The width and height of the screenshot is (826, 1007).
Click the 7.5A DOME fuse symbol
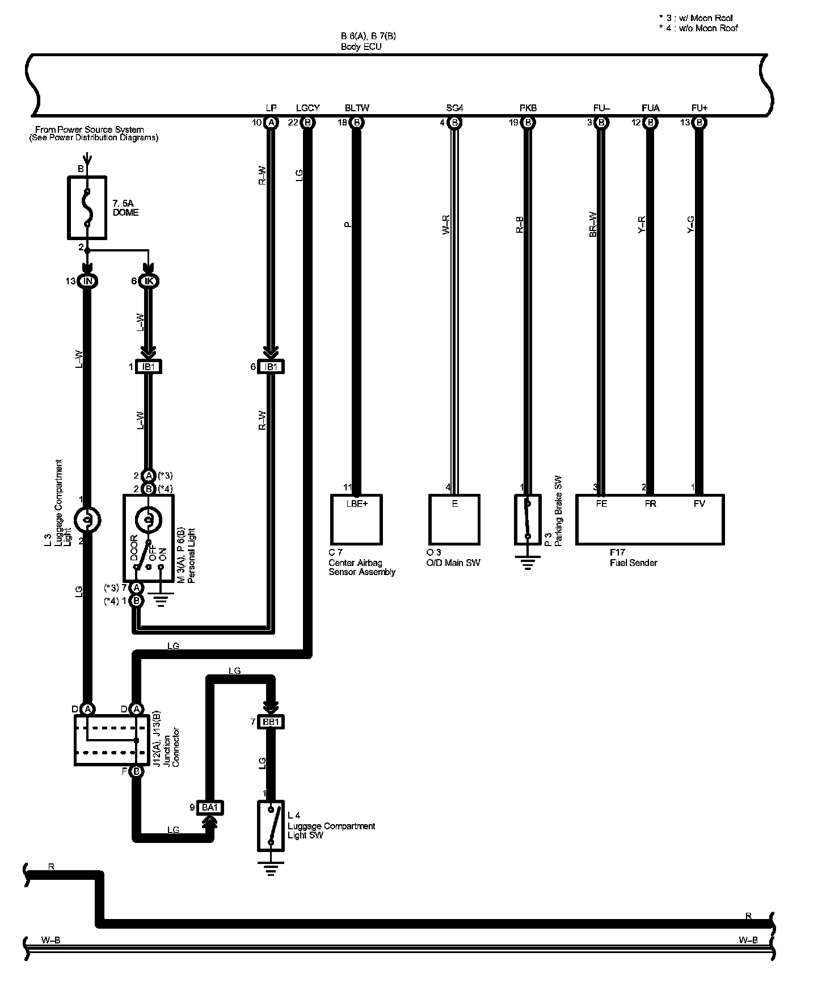click(x=87, y=207)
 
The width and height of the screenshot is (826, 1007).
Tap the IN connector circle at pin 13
click(x=87, y=281)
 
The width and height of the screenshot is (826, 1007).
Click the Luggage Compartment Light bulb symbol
click(x=87, y=519)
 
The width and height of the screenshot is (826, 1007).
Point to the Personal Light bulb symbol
click(x=149, y=519)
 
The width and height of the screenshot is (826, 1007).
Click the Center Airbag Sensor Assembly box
click(x=356, y=519)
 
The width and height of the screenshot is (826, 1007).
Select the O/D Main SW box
click(x=454, y=519)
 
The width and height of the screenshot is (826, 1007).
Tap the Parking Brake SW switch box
click(x=528, y=519)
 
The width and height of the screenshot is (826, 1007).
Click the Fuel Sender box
click(x=650, y=519)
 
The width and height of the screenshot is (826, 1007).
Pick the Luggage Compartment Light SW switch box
click(x=271, y=825)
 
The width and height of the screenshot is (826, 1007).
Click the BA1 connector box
click(x=210, y=807)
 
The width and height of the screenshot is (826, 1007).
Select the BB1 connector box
click(x=271, y=722)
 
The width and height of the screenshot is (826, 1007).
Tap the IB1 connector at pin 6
click(x=271, y=367)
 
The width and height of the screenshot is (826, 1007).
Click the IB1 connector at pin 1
click(x=149, y=367)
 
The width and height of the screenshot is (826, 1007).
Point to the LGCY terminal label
click(x=308, y=108)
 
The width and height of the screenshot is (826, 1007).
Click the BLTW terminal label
click(x=357, y=108)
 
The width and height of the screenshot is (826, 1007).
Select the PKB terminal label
click(x=528, y=108)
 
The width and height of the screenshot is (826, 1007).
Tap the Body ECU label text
click(x=361, y=47)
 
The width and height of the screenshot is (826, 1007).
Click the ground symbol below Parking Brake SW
click(x=528, y=563)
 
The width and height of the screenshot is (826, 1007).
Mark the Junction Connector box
click(x=111, y=740)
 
